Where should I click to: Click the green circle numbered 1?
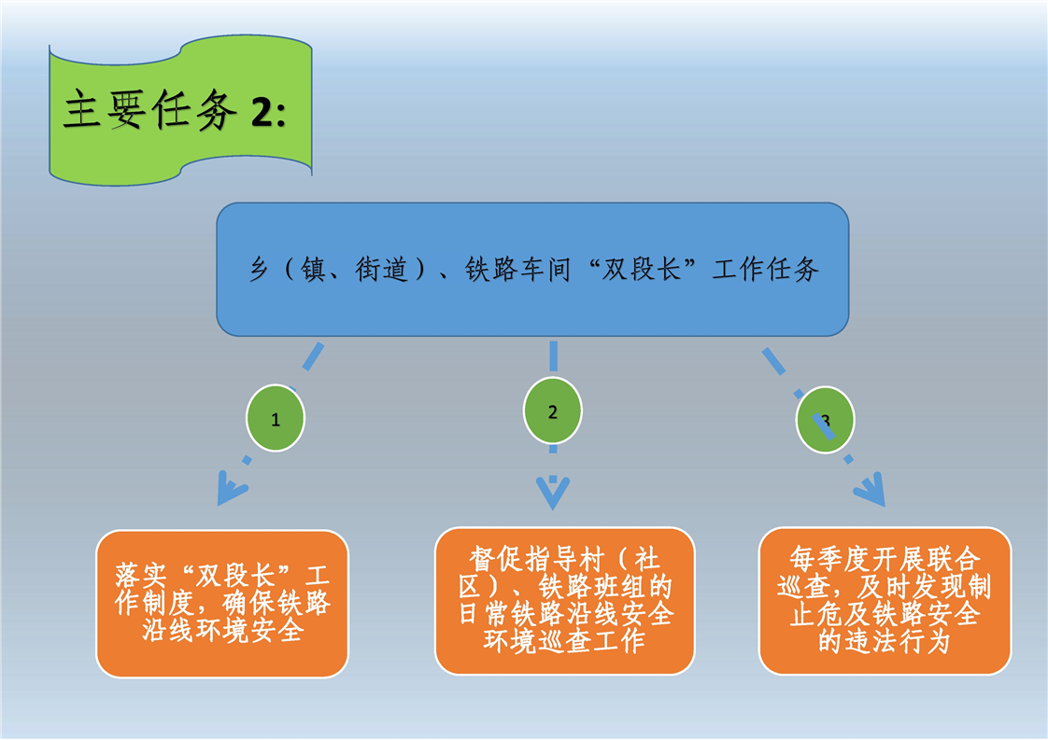[275, 419]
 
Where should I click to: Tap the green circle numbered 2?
[552, 412]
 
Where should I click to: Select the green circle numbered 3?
[825, 420]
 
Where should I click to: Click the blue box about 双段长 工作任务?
[532, 270]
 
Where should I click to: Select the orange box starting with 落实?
[222, 603]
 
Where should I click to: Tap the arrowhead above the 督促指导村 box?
[552, 492]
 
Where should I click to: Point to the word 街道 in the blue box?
[381, 271]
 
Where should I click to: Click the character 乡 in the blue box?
[259, 271]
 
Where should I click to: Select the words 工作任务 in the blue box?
[766, 271]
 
